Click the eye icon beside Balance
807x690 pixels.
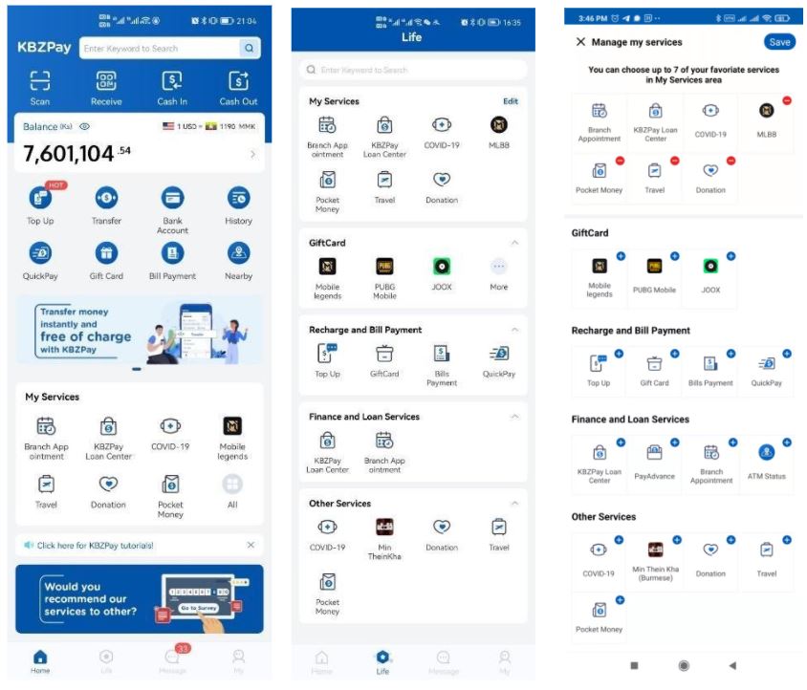pos(85,126)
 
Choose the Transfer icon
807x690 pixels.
pos(106,198)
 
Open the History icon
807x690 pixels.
pos(238,198)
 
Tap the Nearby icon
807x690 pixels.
pos(238,253)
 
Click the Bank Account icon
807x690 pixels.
pos(172,198)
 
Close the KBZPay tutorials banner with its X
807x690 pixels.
pos(251,545)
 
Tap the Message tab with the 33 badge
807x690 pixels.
pos(172,657)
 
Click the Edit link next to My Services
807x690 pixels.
pos(511,101)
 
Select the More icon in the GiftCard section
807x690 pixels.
pos(498,268)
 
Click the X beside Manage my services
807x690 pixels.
pos(580,42)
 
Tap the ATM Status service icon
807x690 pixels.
pos(766,453)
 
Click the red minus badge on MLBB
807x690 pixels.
pos(786,100)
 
